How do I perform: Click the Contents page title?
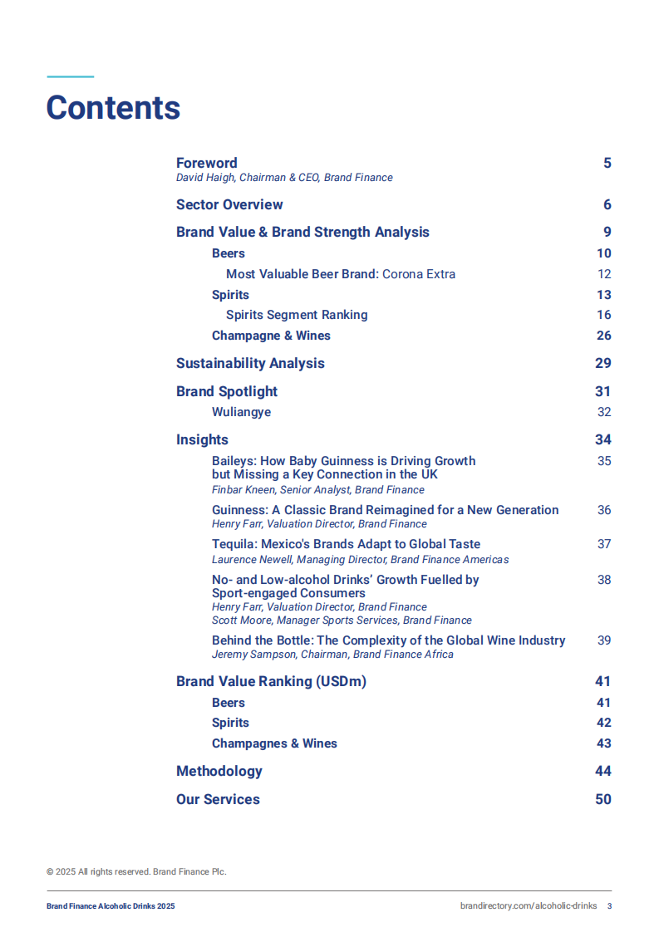[x=113, y=108]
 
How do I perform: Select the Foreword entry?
[x=206, y=163]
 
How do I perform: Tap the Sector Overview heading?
[x=229, y=204]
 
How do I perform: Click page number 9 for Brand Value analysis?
[x=607, y=232]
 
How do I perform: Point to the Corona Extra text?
[x=419, y=274]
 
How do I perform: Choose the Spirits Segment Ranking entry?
[x=297, y=315]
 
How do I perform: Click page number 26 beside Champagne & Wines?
[x=604, y=336]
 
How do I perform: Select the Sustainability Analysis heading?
[x=250, y=363]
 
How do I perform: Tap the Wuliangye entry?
[x=241, y=412]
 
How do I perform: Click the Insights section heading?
[x=202, y=439]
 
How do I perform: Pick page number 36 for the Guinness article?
[x=604, y=510]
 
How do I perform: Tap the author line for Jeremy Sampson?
[x=332, y=655]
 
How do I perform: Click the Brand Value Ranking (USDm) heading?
[x=271, y=681]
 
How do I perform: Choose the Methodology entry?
[x=219, y=771]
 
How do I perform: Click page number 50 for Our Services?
[x=603, y=799]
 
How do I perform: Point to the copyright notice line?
[x=136, y=871]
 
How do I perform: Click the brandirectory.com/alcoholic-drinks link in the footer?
[x=528, y=906]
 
